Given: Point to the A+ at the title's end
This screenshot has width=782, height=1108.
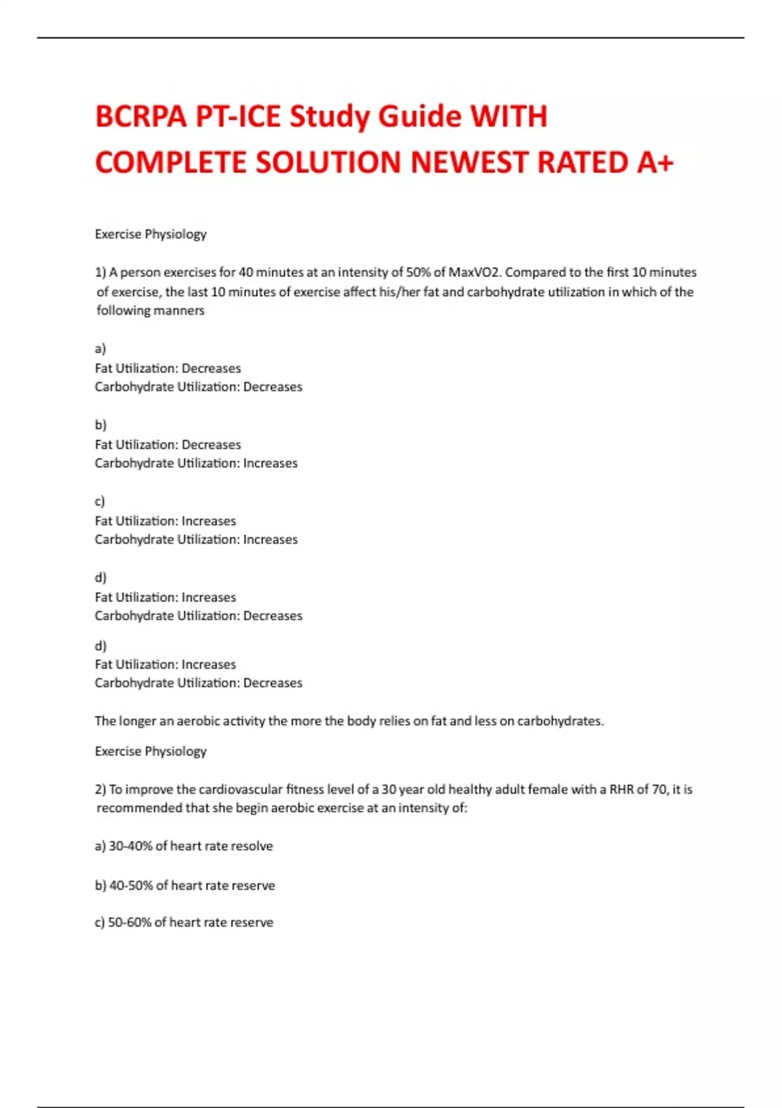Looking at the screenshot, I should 654,162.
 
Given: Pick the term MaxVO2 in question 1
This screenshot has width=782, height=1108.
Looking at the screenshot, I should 474,272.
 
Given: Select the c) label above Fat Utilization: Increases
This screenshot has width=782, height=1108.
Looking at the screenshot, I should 100,501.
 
